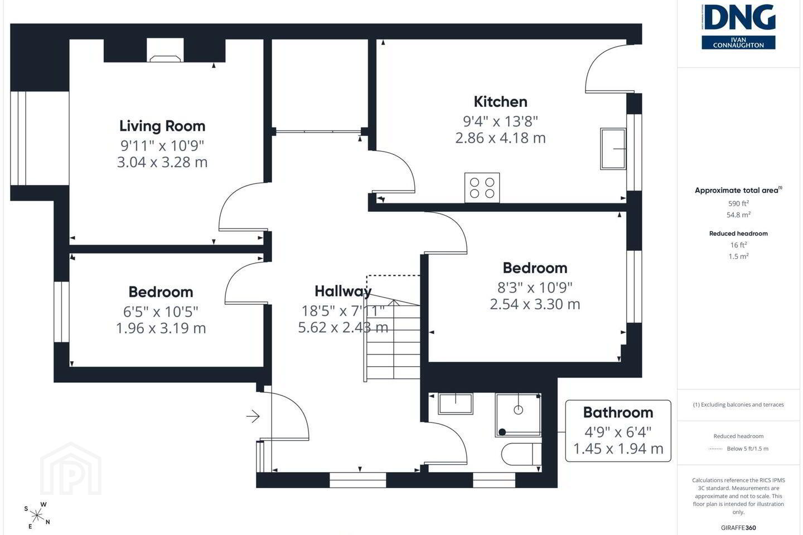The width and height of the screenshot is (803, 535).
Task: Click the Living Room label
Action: coord(162,126)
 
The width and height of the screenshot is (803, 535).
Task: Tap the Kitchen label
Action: coord(500,102)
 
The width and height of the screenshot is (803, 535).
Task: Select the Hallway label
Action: coord(343,291)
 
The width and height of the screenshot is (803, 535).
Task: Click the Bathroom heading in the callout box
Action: coord(618,412)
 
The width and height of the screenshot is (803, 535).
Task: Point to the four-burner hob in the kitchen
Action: coord(482,188)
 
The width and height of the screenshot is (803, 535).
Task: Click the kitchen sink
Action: coord(613,149)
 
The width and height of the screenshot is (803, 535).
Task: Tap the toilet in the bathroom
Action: coord(521,454)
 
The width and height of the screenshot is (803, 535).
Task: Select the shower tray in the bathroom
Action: coord(519,415)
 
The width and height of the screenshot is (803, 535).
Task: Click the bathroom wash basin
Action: coord(456,403)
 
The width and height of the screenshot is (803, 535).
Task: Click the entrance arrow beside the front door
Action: coord(253,416)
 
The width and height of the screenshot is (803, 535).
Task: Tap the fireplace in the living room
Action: coord(165,59)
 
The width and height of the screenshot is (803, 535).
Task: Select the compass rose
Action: coord(37,516)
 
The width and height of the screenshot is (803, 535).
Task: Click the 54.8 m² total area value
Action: coord(738,215)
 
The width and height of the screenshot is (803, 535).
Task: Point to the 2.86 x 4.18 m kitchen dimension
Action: coord(500,138)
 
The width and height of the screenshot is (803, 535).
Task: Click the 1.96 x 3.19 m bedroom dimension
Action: coord(161,328)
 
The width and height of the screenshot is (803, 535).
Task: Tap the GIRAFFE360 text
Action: coord(738,528)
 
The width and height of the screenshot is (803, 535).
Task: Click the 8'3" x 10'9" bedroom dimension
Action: coord(535,288)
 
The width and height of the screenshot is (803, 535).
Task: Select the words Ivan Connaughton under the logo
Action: coord(738,43)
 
